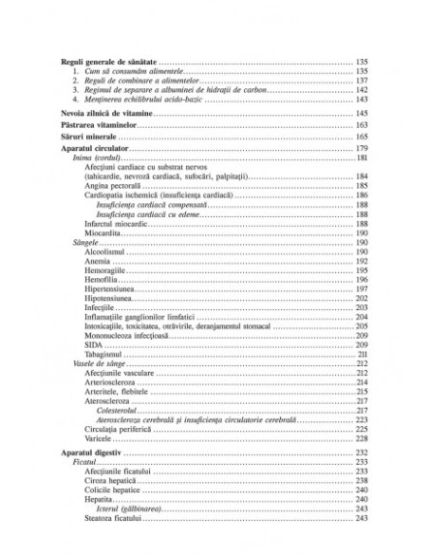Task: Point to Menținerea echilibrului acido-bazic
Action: point(139,100)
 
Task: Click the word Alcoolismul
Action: point(109,251)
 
